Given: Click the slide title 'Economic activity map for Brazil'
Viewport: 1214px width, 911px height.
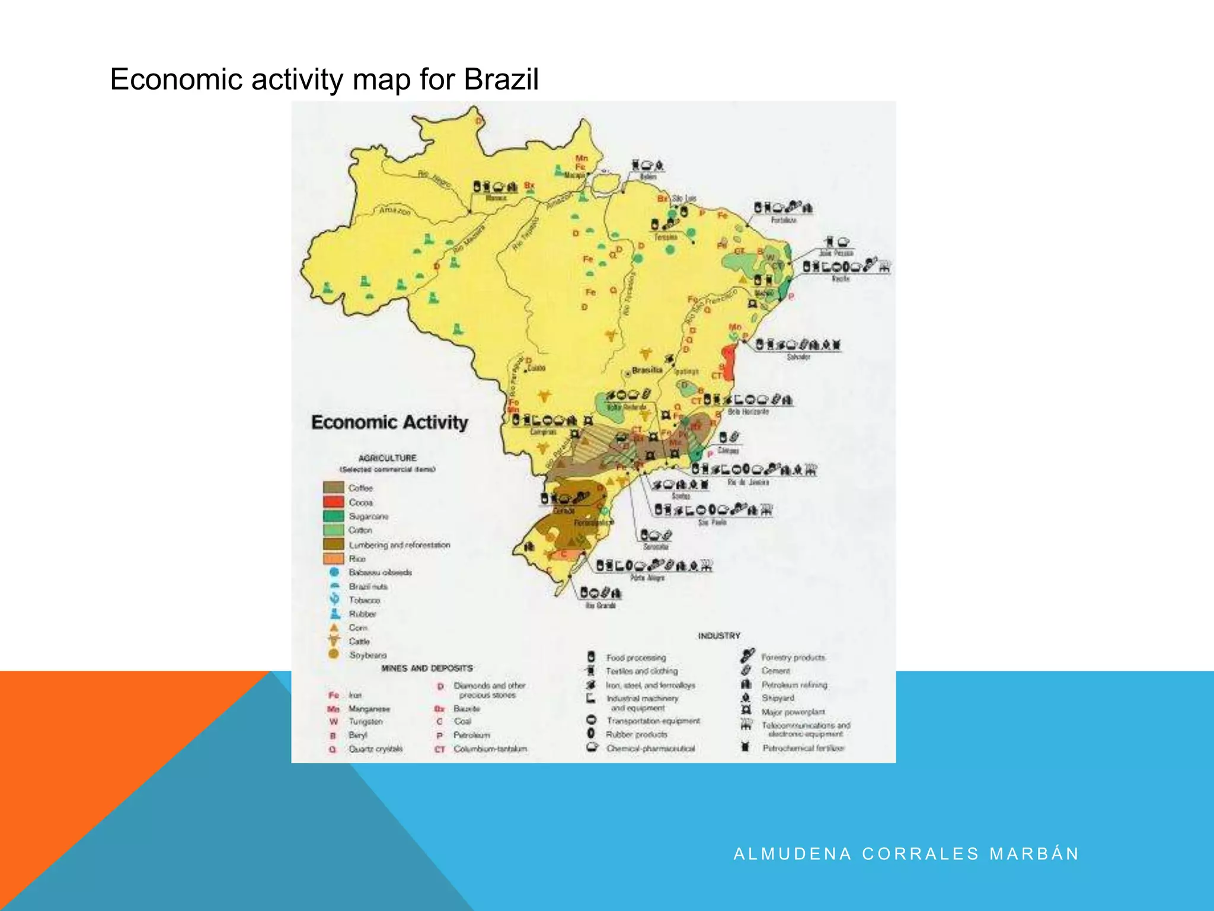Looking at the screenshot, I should tap(324, 79).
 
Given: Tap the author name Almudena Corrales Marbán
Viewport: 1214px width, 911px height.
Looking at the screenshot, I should tap(906, 854).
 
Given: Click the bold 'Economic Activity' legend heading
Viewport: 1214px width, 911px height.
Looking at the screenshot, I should tap(389, 422).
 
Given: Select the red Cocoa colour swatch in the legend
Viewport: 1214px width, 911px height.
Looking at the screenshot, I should tap(334, 502).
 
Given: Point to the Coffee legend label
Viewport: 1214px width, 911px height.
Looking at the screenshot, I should tap(360, 488).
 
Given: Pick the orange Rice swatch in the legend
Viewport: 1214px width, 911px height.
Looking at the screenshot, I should tap(334, 558).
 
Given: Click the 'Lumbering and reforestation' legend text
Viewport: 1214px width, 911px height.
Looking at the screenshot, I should tap(399, 544).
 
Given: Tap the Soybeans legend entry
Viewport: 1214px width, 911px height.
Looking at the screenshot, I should tap(368, 655).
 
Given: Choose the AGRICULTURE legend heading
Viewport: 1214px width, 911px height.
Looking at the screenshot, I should tap(388, 458).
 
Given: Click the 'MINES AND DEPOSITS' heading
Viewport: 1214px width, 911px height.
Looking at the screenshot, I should tap(427, 668).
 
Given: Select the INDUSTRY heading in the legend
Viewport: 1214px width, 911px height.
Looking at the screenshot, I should tap(719, 636).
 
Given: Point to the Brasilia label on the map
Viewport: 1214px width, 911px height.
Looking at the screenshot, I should tap(647, 370).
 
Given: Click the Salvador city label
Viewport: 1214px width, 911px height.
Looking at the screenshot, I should tap(798, 357).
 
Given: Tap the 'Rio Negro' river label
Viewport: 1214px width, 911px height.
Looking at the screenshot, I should tap(435, 179).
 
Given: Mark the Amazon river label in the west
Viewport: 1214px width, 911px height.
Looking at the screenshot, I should tap(394, 211).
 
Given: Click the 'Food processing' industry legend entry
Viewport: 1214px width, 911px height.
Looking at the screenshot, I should tap(635, 658).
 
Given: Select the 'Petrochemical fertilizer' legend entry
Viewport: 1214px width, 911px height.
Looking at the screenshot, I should tap(803, 748).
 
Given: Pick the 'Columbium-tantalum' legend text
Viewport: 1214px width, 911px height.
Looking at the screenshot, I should tap(490, 749).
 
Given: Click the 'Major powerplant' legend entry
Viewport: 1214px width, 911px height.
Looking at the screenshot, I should tap(793, 712).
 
